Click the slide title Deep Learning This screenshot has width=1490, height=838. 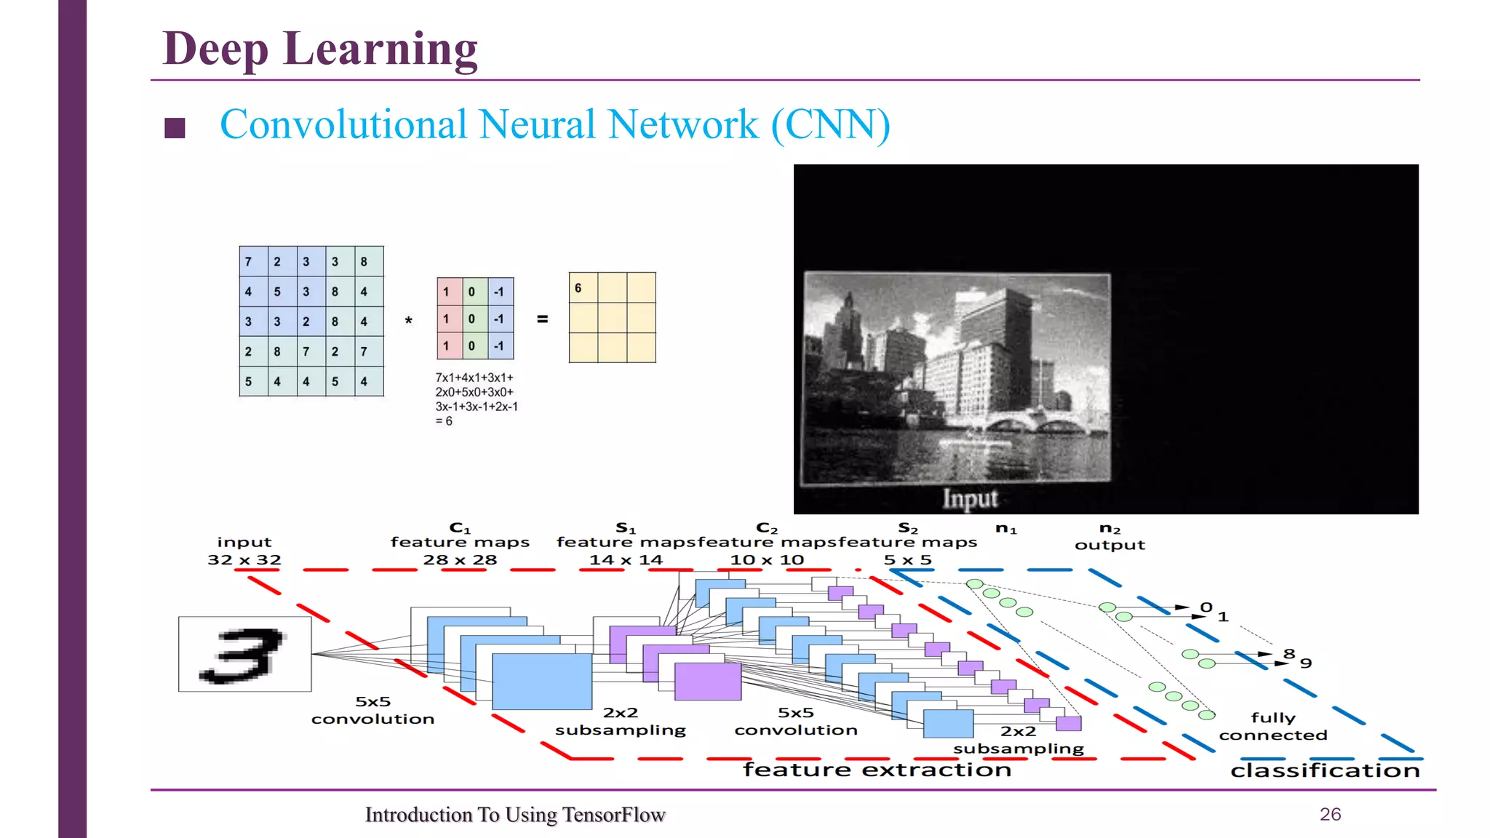tap(320, 49)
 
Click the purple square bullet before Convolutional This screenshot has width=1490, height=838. tap(175, 128)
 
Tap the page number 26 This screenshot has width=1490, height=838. tap(1330, 814)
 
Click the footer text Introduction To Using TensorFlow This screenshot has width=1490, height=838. tap(515, 815)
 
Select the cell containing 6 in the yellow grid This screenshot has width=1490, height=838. tap(583, 288)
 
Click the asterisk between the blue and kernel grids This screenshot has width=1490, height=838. tap(409, 321)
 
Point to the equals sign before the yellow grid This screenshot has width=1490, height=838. tap(542, 319)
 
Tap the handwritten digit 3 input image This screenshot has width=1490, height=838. tap(244, 654)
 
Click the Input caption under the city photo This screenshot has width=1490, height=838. tap(970, 499)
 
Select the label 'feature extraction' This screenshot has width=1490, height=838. tap(877, 770)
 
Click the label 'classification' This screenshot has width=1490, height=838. tap(1325, 770)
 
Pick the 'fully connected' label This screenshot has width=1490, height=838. tap(1273, 726)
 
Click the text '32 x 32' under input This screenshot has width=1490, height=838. tap(244, 559)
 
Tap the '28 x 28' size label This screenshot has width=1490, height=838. tap(460, 559)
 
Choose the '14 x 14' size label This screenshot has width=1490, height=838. tap(626, 559)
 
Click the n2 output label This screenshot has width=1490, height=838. tap(1109, 537)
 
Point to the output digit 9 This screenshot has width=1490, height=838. tap(1306, 663)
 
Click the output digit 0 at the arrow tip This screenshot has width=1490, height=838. tap(1206, 607)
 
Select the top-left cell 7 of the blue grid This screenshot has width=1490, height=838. tap(249, 261)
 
